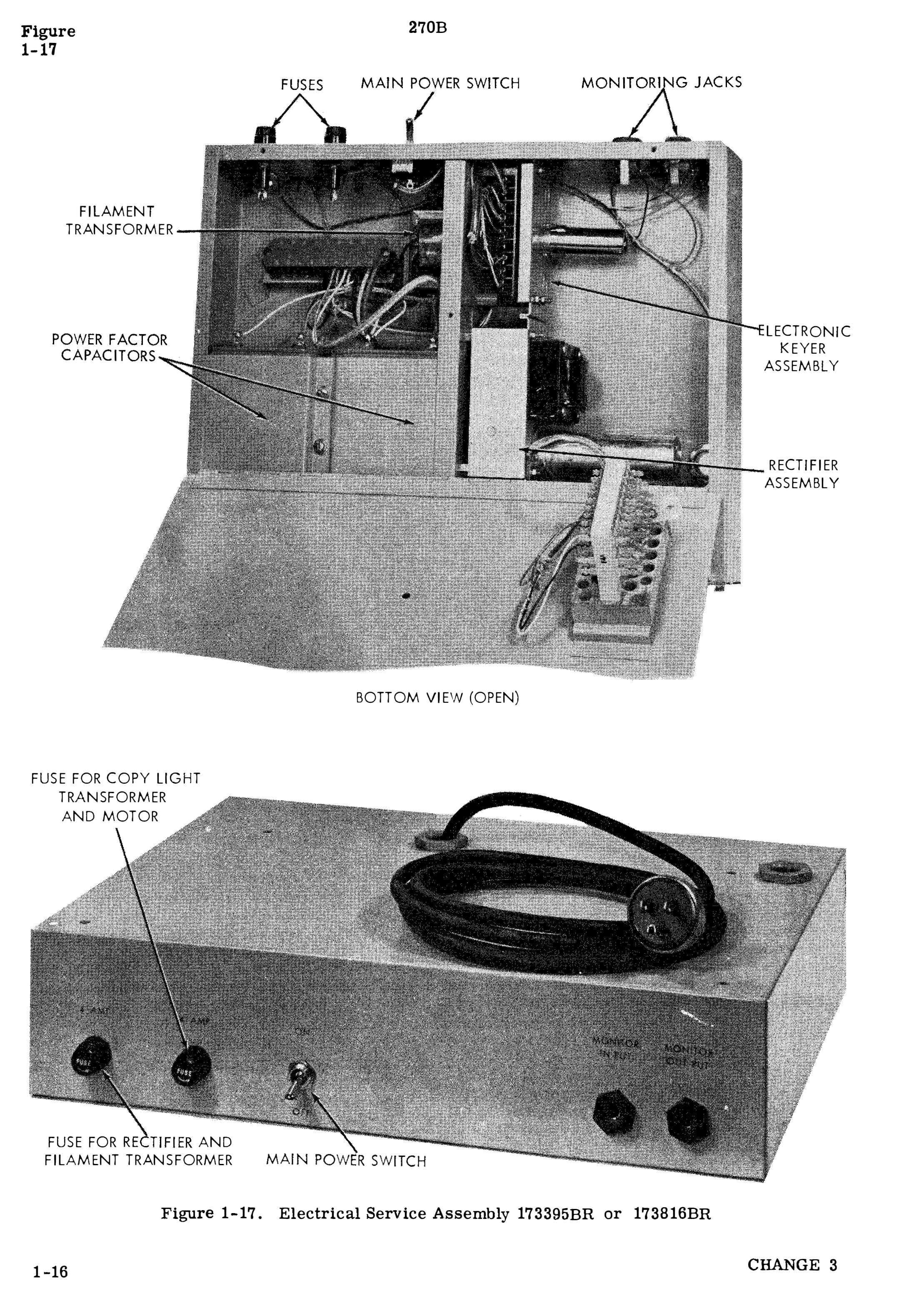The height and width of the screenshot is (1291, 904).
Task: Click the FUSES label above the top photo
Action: click(302, 85)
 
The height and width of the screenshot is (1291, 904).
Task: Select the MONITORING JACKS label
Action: click(661, 82)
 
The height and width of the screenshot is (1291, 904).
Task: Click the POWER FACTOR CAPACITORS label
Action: click(109, 348)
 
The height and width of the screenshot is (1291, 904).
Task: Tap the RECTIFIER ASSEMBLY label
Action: click(801, 474)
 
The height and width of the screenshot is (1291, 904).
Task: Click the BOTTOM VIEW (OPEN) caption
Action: click(437, 698)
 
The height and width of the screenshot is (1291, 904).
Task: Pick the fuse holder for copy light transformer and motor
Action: click(190, 1065)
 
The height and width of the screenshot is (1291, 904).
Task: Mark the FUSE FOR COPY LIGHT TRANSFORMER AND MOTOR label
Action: click(115, 797)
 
